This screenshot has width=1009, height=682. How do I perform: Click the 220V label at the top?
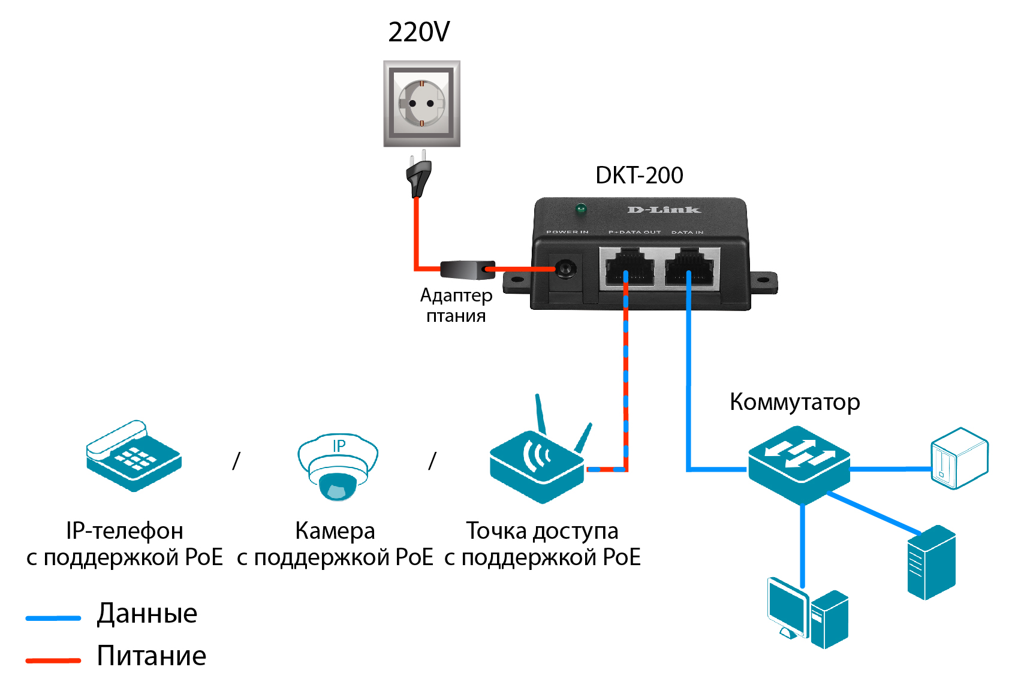[418, 32]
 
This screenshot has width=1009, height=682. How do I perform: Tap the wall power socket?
[421, 103]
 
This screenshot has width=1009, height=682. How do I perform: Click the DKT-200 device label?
[639, 176]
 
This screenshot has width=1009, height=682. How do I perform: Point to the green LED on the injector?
[580, 209]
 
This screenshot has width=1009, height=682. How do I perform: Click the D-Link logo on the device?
[664, 210]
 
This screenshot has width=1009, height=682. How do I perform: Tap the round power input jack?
[564, 269]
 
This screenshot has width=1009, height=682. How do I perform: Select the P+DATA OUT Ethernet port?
[629, 267]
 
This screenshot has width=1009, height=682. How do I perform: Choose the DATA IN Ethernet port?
[691, 267]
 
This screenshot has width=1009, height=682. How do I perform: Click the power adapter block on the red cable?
[467, 270]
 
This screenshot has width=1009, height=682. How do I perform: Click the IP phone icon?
[133, 457]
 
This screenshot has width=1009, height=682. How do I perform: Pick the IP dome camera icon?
[338, 467]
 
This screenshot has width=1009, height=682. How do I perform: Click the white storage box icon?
[959, 458]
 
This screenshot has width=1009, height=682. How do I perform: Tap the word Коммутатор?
[794, 402]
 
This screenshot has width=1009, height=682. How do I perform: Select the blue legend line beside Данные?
[53, 618]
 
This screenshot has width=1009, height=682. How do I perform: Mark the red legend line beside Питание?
[53, 660]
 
